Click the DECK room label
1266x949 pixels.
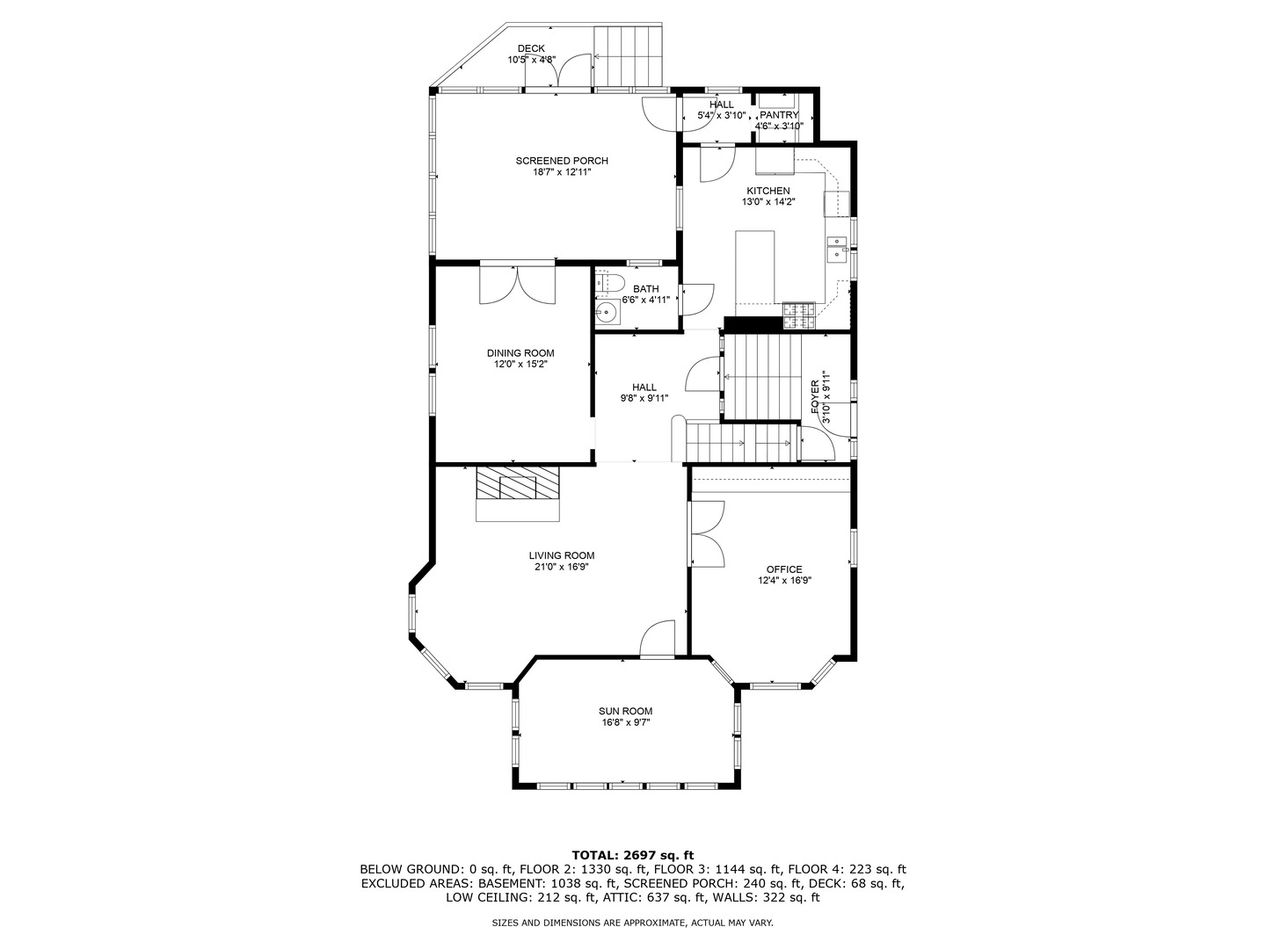click(x=531, y=49)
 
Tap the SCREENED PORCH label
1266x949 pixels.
click(x=562, y=161)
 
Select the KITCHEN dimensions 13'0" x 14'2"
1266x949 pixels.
click(x=768, y=202)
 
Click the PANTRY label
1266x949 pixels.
click(x=779, y=115)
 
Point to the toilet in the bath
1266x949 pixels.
click(x=609, y=282)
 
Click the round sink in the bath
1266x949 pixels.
click(x=607, y=314)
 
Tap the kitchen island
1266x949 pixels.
click(x=754, y=267)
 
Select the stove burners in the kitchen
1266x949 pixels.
click(x=799, y=315)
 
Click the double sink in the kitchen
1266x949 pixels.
click(x=836, y=249)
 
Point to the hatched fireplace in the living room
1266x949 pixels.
click(x=517, y=483)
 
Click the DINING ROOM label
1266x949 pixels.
click(x=520, y=353)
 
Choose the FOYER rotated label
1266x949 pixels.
click(x=815, y=397)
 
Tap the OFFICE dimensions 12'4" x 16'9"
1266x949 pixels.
click(x=784, y=581)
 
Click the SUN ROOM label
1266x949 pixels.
click(x=625, y=711)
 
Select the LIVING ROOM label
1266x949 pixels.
click(x=561, y=555)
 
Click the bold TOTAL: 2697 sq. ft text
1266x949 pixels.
click(x=633, y=855)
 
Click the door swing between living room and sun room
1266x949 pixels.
click(x=657, y=639)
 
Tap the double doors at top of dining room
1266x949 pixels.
click(x=517, y=282)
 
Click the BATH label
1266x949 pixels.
click(x=645, y=289)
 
